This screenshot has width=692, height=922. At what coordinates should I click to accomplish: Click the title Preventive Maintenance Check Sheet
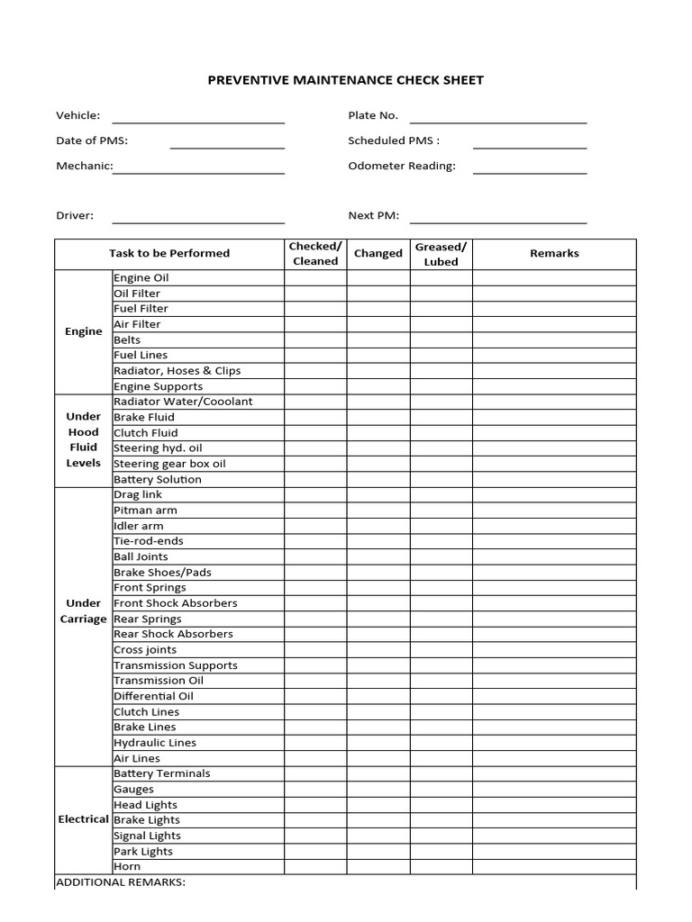point(346,80)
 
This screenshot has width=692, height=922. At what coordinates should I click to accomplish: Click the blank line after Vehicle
point(198,116)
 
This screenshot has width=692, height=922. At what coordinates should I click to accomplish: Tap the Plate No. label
point(373,115)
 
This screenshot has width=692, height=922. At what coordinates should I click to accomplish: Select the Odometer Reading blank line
point(530,167)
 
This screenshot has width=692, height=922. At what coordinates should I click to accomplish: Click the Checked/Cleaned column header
point(315,254)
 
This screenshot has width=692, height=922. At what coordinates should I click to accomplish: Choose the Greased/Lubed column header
point(441,254)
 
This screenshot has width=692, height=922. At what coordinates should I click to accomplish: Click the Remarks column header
point(554,254)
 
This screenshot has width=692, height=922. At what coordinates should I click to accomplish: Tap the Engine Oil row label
point(141,278)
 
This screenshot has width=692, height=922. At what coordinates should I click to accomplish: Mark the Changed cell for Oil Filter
point(378,294)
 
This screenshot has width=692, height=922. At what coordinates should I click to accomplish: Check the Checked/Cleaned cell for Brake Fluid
point(315,417)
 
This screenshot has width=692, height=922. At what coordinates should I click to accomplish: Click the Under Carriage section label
point(83,610)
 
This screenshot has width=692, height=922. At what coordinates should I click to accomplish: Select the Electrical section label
point(83,819)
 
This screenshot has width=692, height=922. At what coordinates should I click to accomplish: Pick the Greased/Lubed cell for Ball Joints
point(441,556)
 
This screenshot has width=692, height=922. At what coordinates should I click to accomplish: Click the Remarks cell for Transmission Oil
point(554,681)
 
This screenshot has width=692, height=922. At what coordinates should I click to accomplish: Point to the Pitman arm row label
point(145,511)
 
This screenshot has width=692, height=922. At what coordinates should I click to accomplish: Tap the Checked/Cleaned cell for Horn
point(315,866)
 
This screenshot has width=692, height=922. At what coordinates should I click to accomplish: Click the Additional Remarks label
point(121,881)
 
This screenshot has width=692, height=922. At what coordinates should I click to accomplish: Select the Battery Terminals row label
point(162,773)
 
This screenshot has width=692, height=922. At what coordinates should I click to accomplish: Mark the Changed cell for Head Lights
point(378,804)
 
